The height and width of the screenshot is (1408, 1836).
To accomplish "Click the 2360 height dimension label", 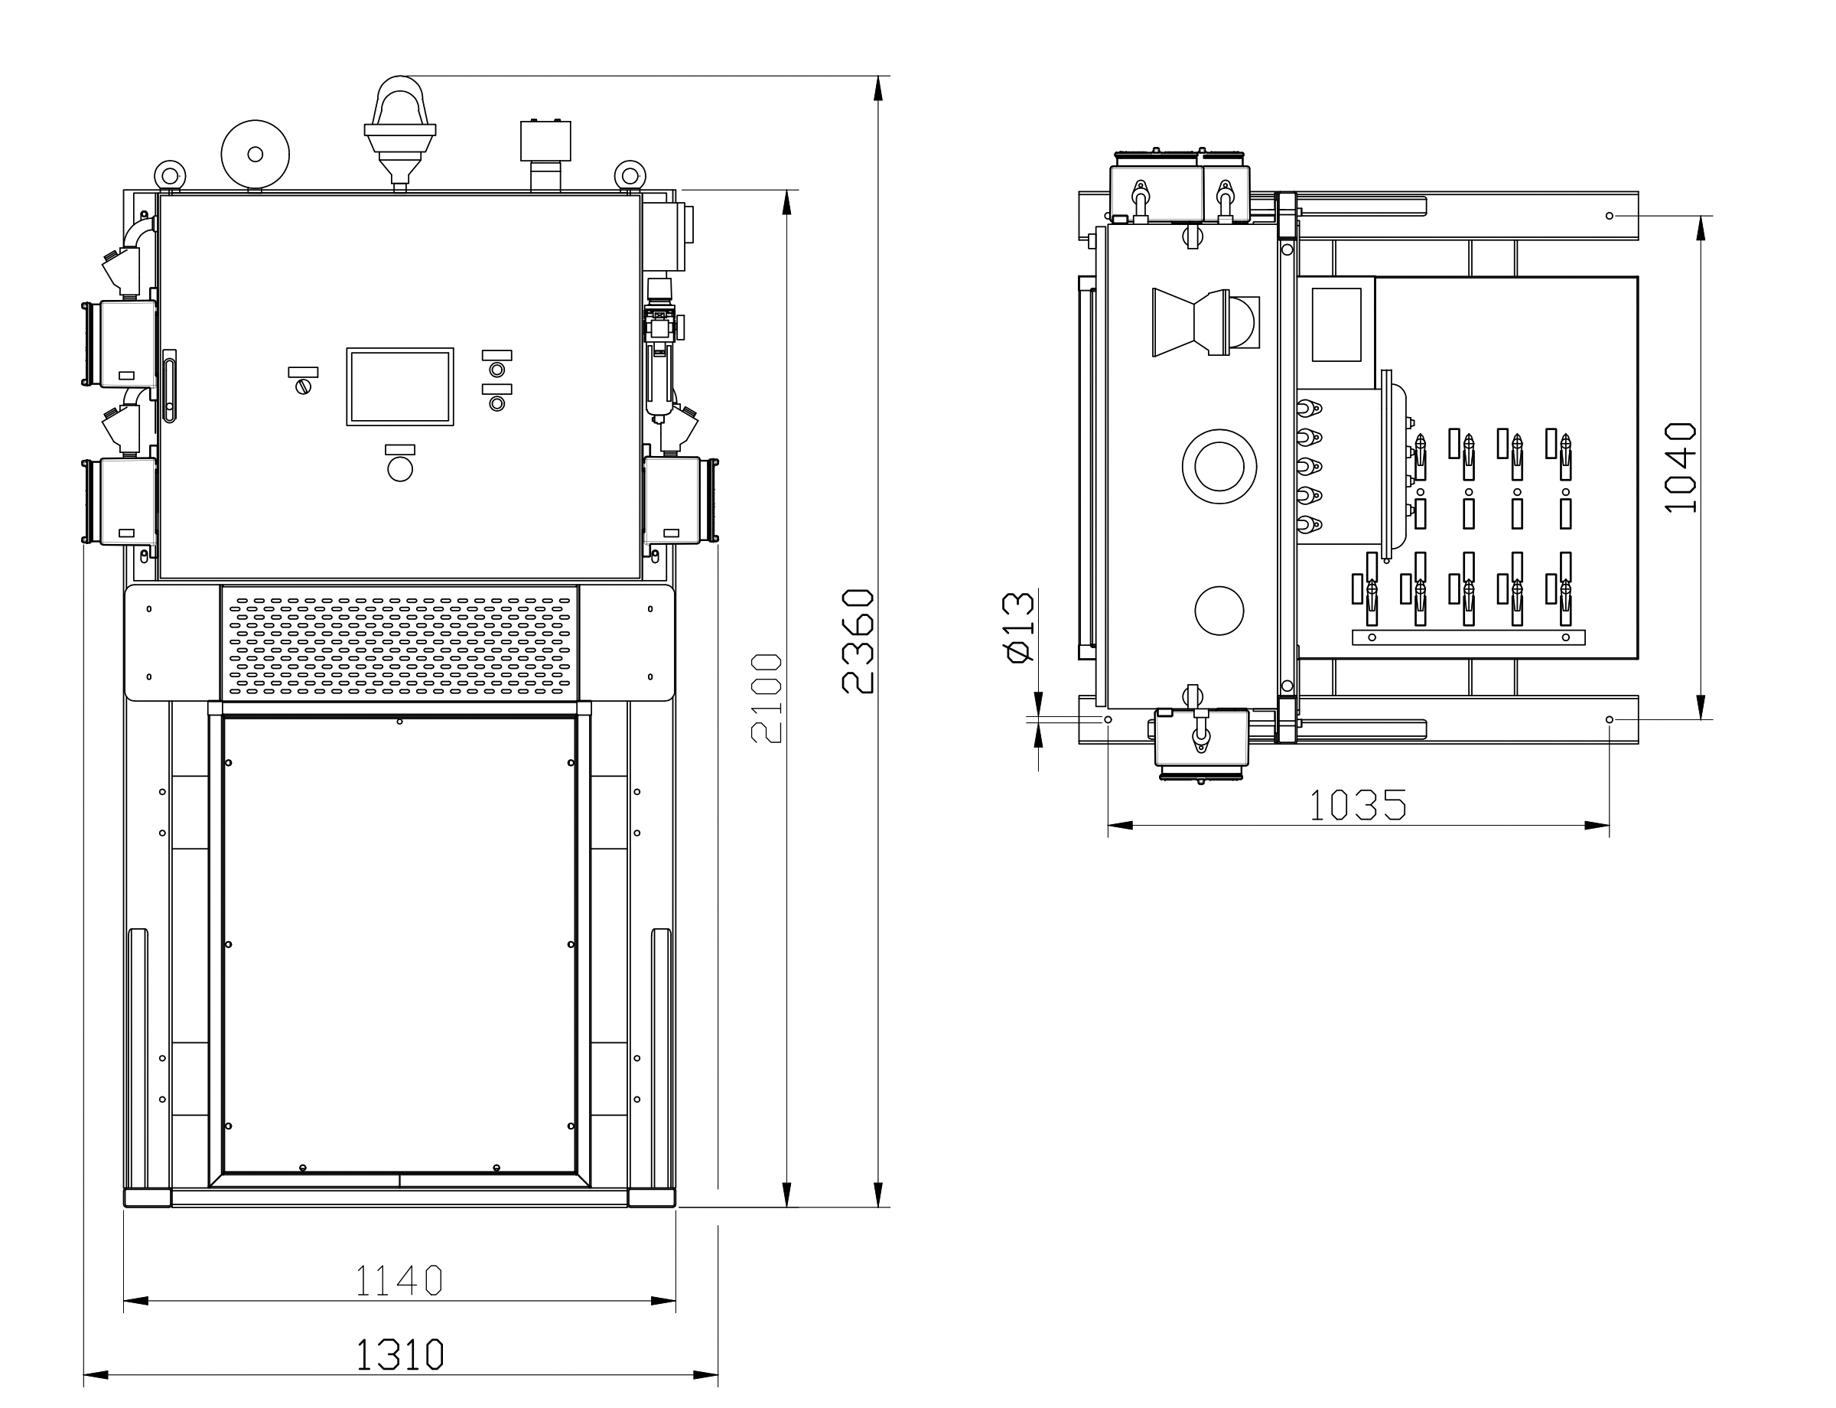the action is [858, 642].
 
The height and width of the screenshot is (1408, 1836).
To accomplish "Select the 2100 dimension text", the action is [767, 698].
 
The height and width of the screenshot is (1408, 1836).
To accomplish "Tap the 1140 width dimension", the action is [399, 1279].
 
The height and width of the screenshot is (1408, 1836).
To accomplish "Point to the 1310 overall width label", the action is [400, 1354].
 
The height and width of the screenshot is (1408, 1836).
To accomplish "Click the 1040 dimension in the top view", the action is [1680, 468].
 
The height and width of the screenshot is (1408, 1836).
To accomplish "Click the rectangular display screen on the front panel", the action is [400, 386].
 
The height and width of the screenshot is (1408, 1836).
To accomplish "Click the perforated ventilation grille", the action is [400, 643].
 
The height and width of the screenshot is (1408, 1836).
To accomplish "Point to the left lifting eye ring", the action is [170, 175].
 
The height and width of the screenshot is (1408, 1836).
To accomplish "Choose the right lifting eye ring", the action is [630, 175].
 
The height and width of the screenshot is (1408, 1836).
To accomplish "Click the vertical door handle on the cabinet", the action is [170, 385].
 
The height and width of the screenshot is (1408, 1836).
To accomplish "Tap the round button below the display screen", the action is [400, 468].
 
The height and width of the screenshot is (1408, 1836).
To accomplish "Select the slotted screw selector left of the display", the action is [302, 386].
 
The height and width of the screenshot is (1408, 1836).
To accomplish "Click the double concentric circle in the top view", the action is [1219, 466].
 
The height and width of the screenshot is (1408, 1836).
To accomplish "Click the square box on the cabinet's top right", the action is [545, 140].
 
